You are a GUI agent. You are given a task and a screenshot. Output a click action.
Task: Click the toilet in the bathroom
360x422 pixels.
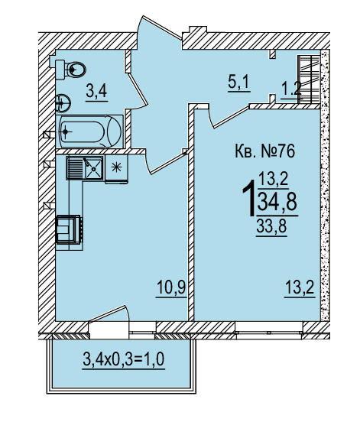(70, 70)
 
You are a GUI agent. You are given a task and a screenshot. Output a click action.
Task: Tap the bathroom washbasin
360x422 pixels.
(63, 102)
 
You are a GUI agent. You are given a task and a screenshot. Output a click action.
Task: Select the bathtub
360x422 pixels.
(89, 131)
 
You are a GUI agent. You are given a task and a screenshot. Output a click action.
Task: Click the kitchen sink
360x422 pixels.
(85, 168)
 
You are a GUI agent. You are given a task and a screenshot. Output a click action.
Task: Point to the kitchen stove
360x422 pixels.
(69, 229)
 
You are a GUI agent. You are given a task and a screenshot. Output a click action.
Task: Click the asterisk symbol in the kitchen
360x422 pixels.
(116, 167)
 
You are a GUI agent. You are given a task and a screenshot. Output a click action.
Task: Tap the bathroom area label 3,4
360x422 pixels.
(96, 91)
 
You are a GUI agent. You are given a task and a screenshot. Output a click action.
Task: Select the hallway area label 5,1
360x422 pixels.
(239, 82)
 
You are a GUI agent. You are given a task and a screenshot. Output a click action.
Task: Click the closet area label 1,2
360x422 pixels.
(291, 89)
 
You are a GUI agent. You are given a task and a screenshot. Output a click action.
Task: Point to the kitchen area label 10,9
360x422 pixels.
(171, 287)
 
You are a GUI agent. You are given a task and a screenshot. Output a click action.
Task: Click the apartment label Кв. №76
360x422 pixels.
(265, 151)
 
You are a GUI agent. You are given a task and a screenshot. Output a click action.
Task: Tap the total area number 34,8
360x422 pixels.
(277, 202)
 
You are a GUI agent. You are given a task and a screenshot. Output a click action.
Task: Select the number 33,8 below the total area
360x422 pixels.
(271, 227)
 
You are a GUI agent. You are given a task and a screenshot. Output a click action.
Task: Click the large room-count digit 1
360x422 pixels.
(249, 198)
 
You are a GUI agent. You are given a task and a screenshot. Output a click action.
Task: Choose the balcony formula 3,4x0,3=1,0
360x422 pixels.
(124, 359)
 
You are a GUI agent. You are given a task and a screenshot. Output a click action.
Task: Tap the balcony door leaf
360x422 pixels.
(107, 313)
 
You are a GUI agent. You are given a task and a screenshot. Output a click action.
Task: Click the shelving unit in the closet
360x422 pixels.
(309, 79)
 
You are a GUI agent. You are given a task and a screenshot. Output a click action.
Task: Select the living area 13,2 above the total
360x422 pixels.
(274, 179)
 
